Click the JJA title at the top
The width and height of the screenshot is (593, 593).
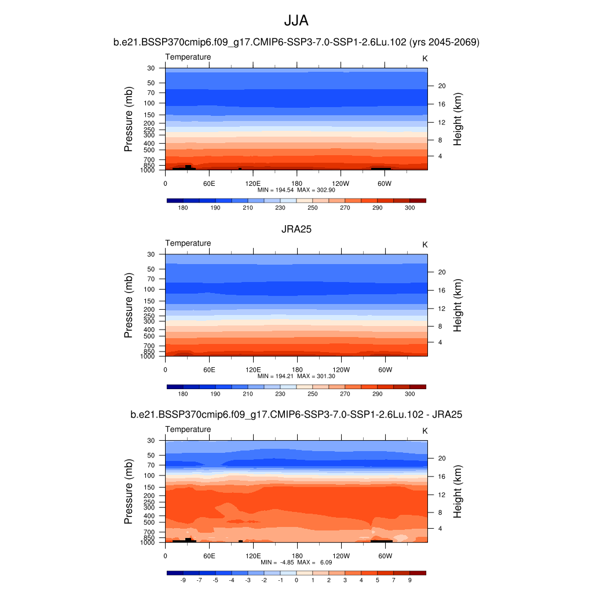296,21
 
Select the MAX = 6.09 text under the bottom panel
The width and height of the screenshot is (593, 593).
316,562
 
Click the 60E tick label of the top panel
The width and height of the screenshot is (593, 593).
209,184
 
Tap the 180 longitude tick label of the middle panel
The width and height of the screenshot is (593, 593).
296,369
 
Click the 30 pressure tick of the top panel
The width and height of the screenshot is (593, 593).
151,68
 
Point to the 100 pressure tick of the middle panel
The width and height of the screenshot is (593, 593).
149,290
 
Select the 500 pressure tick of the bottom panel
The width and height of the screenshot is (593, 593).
149,522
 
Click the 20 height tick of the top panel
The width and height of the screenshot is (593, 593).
441,86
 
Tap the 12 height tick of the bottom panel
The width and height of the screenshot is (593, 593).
441,495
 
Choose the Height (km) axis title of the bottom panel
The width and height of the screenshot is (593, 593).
457,491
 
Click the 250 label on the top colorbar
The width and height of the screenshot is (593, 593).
312,208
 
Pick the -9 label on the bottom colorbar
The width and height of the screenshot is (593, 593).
183,580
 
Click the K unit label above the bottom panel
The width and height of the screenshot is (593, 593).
424,431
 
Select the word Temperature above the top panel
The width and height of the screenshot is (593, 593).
188,57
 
